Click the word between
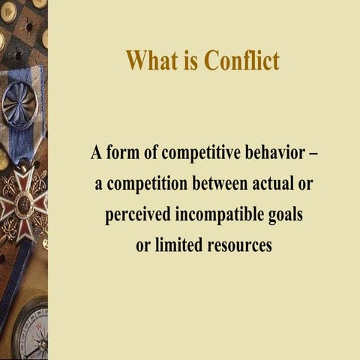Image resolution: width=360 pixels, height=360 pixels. pyautogui.click(x=222, y=184)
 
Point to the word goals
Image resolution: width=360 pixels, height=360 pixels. pyautogui.click(x=285, y=216)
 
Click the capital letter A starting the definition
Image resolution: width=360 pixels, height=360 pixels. pyautogui.click(x=96, y=153)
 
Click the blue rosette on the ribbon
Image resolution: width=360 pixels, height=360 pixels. pyautogui.click(x=19, y=105)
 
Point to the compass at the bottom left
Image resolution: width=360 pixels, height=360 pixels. pyautogui.click(x=30, y=330)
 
